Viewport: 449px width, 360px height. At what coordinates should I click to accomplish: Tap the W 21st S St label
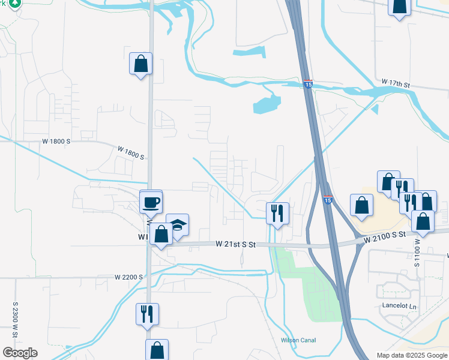click(236, 244)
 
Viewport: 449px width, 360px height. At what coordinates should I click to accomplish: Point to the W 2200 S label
click(128, 277)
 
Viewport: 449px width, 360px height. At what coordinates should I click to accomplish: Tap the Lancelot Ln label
click(399, 305)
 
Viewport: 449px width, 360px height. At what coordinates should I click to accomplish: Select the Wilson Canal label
click(298, 340)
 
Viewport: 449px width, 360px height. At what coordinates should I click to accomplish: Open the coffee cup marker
click(151, 202)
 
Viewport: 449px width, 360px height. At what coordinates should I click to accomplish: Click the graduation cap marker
click(177, 225)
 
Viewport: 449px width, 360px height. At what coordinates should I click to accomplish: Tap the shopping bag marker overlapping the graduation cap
click(161, 233)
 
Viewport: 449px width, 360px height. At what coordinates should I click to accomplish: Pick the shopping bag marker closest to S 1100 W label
click(423, 220)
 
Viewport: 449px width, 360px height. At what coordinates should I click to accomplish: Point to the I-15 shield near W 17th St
click(307, 85)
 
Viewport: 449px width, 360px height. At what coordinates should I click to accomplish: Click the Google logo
click(20, 353)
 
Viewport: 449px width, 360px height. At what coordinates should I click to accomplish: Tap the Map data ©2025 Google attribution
click(411, 355)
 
